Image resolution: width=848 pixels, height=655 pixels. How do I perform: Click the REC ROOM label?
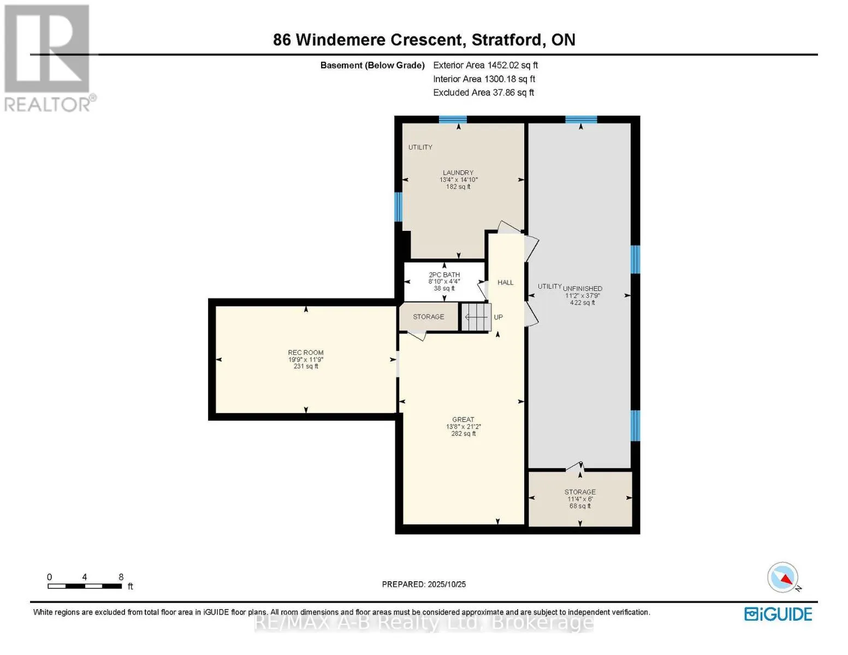[306, 353]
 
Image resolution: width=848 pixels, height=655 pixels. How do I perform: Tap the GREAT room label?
[463, 419]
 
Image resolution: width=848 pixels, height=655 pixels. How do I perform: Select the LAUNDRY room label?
[458, 172]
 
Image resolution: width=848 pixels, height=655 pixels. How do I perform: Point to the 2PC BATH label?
[444, 275]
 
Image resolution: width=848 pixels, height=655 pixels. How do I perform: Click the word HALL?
[505, 282]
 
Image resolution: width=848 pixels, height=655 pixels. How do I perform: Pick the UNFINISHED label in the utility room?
[583, 288]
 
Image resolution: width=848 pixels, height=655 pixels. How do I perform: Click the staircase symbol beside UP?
[476, 317]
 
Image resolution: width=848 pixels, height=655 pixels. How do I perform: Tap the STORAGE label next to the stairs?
[428, 317]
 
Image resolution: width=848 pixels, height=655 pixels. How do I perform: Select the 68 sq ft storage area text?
[580, 506]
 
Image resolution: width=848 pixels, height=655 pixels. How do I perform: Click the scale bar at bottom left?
[85, 586]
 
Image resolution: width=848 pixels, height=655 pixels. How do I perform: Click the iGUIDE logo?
[778, 614]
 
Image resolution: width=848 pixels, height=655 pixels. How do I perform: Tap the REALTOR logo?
[48, 57]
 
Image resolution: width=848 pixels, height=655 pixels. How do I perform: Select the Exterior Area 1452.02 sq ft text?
[485, 65]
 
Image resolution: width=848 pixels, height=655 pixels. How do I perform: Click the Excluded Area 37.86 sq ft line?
[483, 92]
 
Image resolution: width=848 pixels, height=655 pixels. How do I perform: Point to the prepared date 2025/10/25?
[424, 584]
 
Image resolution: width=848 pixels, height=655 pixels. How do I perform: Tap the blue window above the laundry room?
[453, 120]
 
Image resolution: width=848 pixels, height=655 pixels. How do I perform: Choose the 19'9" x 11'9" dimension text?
[306, 360]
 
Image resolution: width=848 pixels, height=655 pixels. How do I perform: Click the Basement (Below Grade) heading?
[372, 65]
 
